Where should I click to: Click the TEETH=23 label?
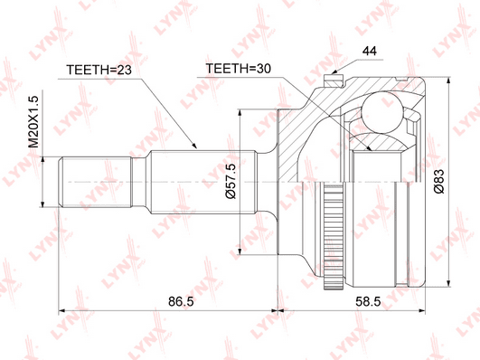click(99, 70)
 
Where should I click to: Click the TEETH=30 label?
click(238, 69)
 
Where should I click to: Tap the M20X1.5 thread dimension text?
click(33, 121)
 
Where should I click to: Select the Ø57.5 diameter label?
click(231, 181)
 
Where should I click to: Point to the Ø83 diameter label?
click(438, 181)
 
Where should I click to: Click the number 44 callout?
click(370, 52)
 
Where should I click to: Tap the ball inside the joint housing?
click(381, 112)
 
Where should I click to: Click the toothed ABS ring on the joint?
click(333, 237)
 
